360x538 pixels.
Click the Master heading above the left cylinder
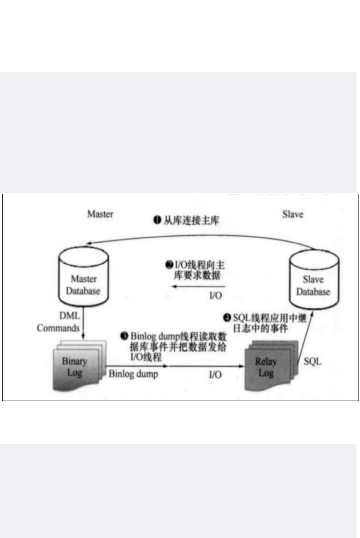[100, 214]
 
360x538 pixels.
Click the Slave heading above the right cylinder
[293, 214]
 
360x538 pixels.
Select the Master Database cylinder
[83, 279]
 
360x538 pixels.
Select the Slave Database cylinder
[313, 281]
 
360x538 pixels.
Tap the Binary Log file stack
[76, 365]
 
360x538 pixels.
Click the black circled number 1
[157, 220]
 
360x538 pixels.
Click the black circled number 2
[169, 265]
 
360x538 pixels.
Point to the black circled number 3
[125, 336]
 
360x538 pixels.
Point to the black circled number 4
[227, 318]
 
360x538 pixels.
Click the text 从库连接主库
[192, 220]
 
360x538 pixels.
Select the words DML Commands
[58, 322]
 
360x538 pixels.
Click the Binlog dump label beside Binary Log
[133, 374]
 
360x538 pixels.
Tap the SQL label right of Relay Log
[312, 362]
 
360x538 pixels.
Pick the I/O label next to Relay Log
[215, 374]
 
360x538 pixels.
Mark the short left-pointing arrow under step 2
[197, 287]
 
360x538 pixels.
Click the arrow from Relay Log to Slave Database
[306, 339]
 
